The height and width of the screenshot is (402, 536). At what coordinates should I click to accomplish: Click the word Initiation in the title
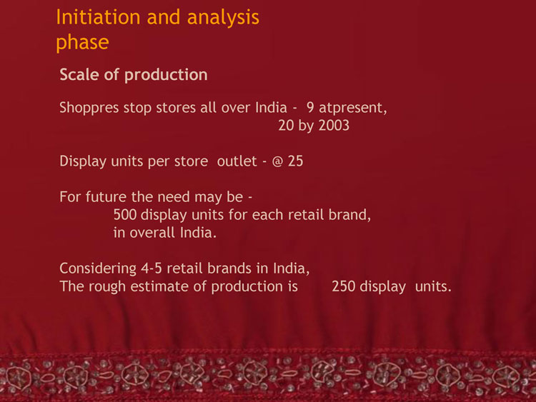click(x=98, y=17)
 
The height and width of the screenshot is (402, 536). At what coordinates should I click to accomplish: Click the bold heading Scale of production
click(x=134, y=75)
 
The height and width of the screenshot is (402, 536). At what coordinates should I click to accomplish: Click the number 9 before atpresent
click(x=310, y=108)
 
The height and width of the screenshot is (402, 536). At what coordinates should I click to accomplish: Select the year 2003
click(x=334, y=126)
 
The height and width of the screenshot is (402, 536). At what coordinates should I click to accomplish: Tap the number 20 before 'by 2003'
click(x=286, y=126)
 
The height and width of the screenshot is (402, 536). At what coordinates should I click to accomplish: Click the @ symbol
click(x=277, y=161)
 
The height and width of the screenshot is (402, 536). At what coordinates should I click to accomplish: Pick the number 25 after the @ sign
click(x=295, y=161)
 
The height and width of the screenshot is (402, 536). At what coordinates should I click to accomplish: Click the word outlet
click(x=237, y=161)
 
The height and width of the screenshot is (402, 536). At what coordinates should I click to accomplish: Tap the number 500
click(x=125, y=215)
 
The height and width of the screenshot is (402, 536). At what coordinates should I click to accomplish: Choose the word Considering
click(x=98, y=269)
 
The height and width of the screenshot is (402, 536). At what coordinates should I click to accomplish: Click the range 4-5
click(x=152, y=268)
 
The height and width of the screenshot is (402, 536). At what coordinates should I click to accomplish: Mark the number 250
click(x=344, y=286)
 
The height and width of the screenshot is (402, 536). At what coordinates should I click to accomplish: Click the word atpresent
click(x=353, y=109)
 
